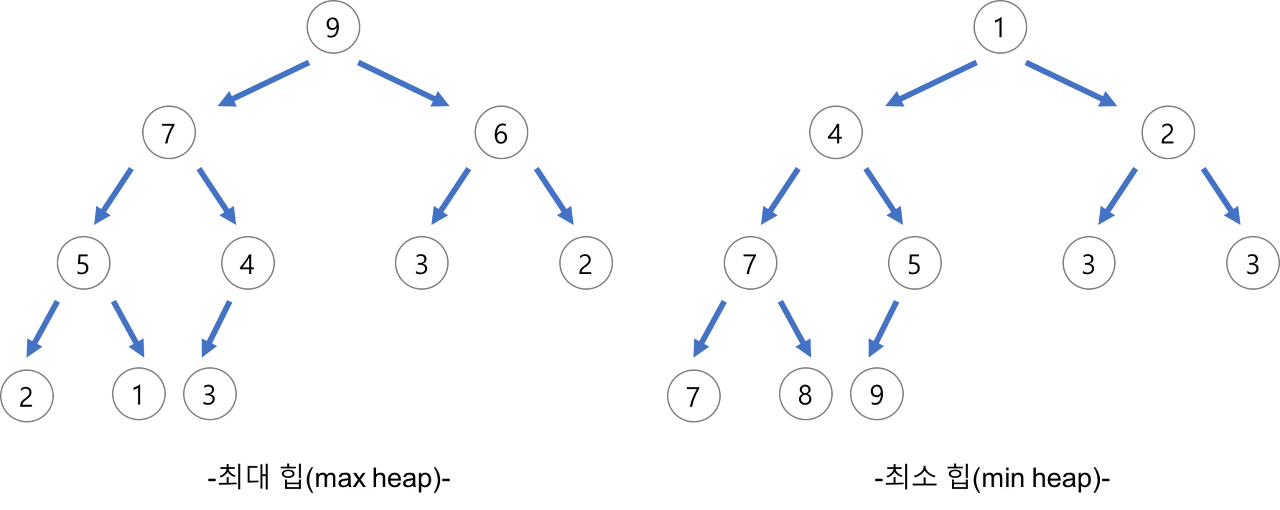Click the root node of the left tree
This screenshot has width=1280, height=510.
coord(333,27)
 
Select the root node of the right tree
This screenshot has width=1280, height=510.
coord(1000,27)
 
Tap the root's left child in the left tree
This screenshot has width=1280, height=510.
coord(169,132)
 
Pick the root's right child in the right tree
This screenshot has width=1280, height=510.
coord(1167,132)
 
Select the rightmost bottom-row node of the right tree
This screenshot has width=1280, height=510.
coord(877,394)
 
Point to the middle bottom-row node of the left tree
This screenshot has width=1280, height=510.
coord(139,394)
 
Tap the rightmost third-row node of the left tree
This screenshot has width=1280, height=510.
coord(586,263)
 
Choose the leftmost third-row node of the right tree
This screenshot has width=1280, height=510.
coord(751,263)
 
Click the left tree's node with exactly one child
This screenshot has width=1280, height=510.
coord(248,263)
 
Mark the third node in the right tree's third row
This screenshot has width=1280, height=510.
coord(1089,263)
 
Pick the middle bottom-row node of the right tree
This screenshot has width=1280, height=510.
coord(806,394)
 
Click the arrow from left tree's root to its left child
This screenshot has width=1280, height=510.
coord(265,83)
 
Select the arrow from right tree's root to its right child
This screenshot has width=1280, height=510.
coord(1071,83)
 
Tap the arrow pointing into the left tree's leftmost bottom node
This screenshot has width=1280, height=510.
coord(43,327)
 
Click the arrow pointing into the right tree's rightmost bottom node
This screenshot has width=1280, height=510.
coord(883,327)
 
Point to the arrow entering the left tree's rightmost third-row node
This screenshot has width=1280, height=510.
coord(555,195)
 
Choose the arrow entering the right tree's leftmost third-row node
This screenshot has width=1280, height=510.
coord(781,195)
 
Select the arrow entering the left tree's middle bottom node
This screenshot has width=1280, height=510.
coord(128,327)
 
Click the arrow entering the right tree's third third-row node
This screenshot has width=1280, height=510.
coord(1119,195)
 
